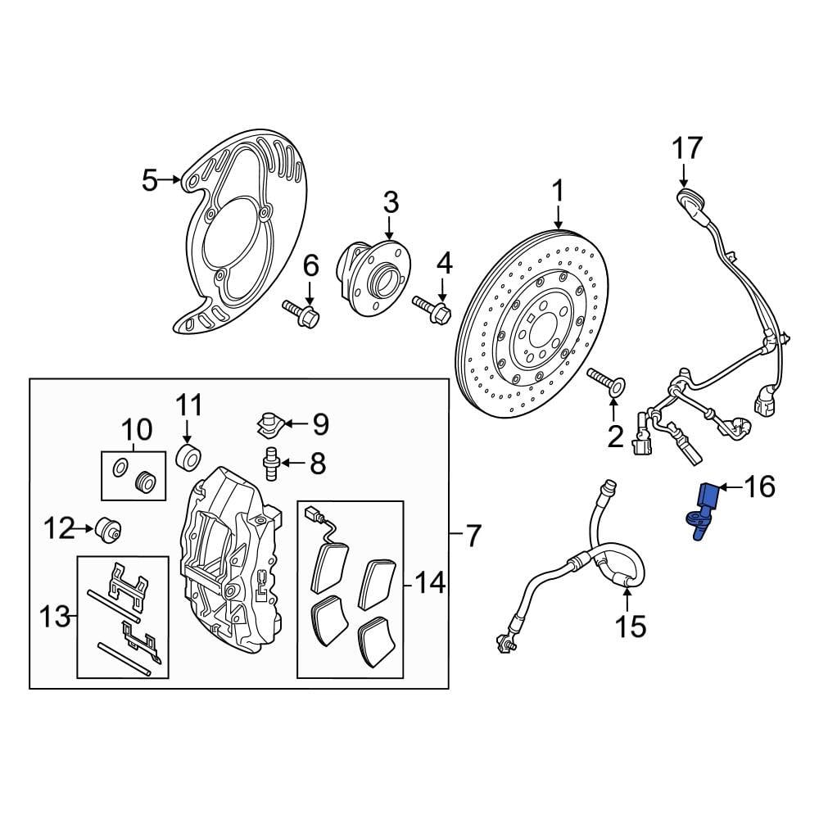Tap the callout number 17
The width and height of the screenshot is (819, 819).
(687, 149)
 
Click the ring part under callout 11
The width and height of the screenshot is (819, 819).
(188, 457)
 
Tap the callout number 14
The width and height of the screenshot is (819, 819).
(429, 583)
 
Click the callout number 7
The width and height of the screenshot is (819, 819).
(473, 537)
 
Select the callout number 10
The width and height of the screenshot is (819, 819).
(137, 428)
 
